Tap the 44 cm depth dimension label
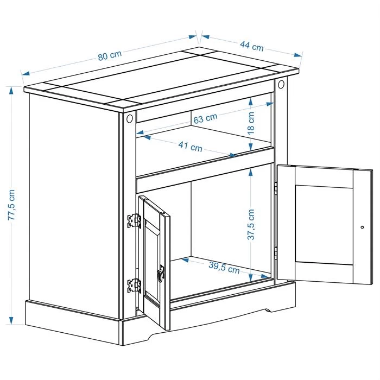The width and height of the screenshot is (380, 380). click(252, 46)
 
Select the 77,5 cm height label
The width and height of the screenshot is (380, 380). click(12, 205)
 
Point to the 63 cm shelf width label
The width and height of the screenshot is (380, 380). click(206, 118)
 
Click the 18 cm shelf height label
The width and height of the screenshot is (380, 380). click(251, 123)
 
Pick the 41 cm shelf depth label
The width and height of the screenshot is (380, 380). click(190, 147)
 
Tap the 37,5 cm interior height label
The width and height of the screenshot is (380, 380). click(251, 224)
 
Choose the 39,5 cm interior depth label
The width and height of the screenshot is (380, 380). click(224, 268)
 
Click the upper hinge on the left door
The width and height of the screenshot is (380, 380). click(134, 221)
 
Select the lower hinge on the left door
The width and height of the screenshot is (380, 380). click(134, 286)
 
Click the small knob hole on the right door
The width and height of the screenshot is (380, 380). click(362, 227)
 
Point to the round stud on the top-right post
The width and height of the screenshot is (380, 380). click(281, 84)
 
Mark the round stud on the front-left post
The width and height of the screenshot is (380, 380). click(130, 118)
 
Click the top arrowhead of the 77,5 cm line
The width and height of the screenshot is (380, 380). click(11, 91)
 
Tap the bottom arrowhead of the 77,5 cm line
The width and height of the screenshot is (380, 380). click(11, 321)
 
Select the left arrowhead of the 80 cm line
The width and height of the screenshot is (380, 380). click(26, 73)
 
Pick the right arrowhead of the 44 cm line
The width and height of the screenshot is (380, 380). click(298, 55)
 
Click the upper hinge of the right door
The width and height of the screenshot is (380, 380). click(276, 188)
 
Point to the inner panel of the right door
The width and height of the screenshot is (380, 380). click(324, 225)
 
